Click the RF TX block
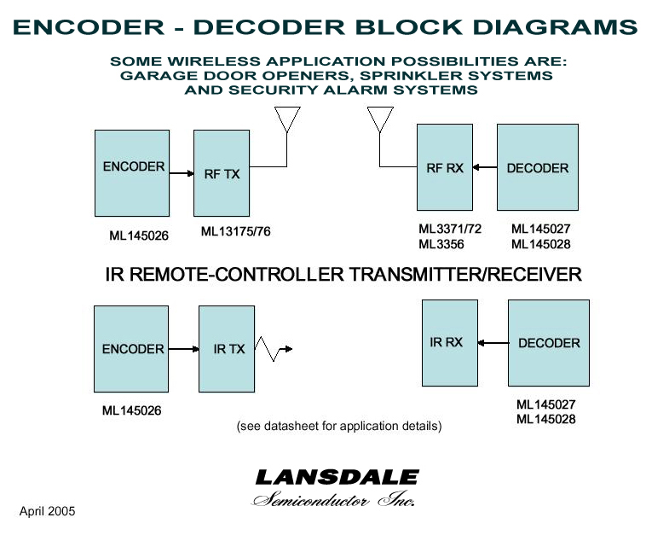pyautogui.click(x=222, y=173)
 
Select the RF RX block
pyautogui.click(x=444, y=167)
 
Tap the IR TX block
pyautogui.click(x=227, y=348)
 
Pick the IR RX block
pyautogui.click(x=450, y=342)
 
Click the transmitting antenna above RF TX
pyautogui.click(x=287, y=119)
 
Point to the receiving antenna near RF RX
pyautogui.click(x=379, y=119)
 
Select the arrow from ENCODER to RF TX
pyautogui.click(x=180, y=173)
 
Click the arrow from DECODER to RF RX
pyautogui.click(x=484, y=168)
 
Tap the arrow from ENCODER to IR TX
pyautogui.click(x=183, y=349)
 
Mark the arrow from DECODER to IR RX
pyautogui.click(x=493, y=343)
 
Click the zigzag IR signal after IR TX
pyautogui.click(x=274, y=348)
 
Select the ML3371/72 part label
pyautogui.click(x=450, y=229)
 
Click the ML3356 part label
pyautogui.click(x=440, y=244)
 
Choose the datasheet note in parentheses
pyautogui.click(x=338, y=425)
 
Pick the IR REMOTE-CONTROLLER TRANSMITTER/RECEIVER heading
pyautogui.click(x=343, y=275)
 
